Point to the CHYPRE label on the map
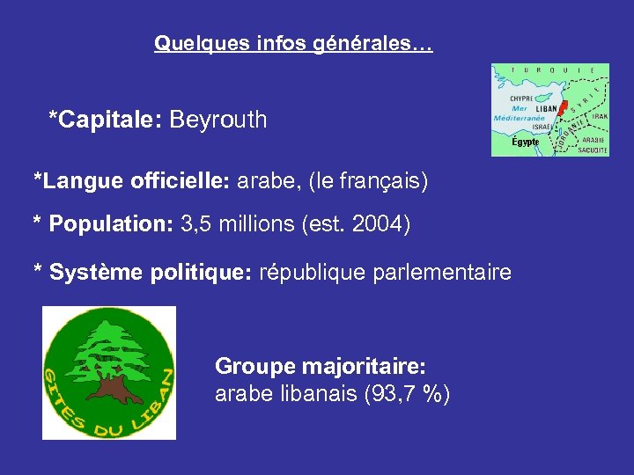[x=521, y=99]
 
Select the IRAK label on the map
[x=599, y=116]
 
